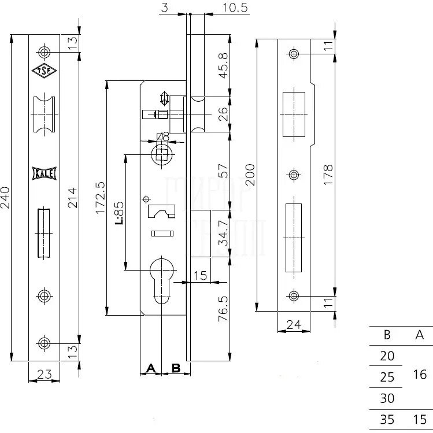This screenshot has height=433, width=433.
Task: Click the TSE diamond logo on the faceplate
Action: tap(44, 71)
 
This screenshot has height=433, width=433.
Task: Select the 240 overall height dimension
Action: tap(5, 198)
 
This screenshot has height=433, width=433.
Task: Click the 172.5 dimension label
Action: tap(100, 198)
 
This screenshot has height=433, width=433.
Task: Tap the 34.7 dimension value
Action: tap(224, 232)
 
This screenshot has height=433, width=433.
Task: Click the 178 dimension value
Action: tap(328, 175)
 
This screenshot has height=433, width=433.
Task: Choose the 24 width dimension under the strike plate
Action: tap(294, 325)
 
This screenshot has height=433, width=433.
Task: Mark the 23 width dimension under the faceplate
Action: tap(44, 374)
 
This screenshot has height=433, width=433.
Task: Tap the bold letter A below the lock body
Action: tap(151, 368)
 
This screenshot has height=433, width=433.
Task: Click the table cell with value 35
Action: tap(387, 419)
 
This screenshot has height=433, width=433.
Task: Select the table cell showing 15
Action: tap(420, 419)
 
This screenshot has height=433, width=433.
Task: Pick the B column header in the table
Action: tap(387, 334)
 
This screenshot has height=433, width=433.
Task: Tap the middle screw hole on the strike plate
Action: tap(294, 175)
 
